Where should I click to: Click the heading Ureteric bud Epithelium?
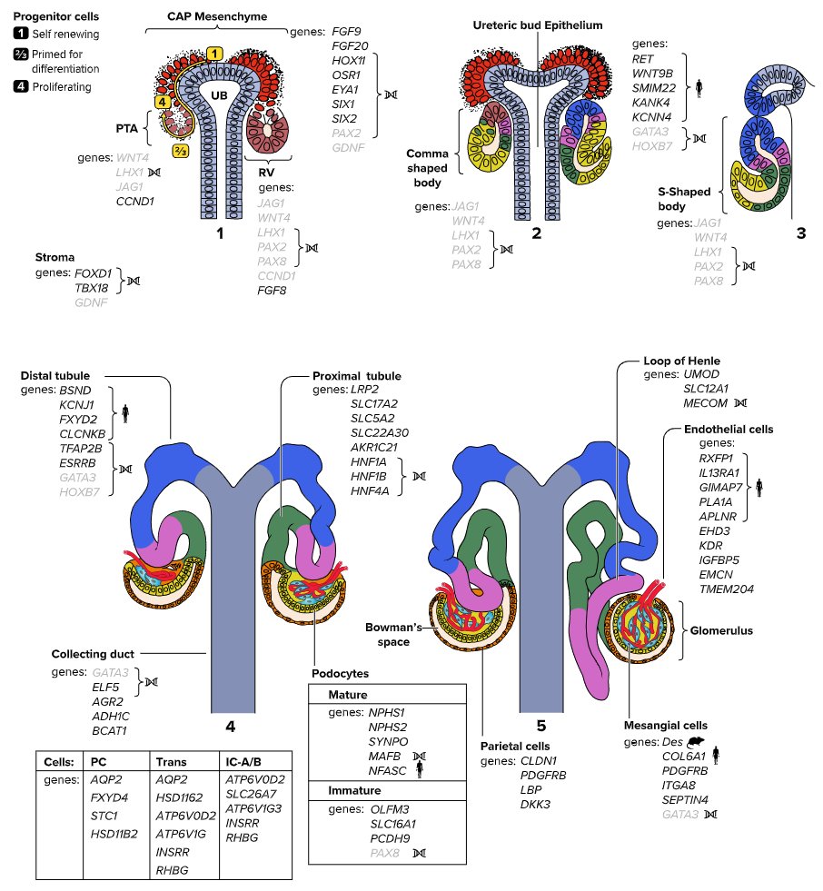(538, 26)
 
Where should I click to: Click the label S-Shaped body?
(688, 199)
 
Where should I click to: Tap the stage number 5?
(541, 725)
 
